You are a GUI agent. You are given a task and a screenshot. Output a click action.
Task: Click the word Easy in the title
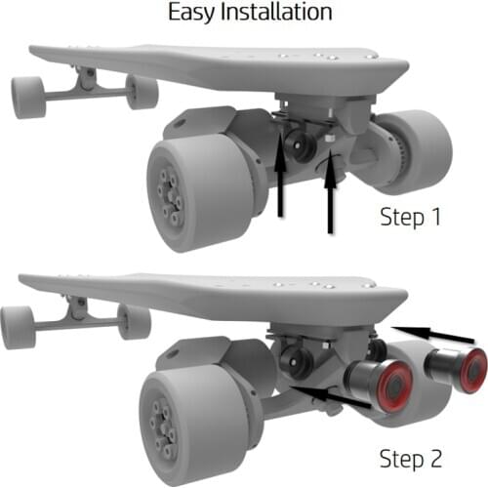(x=191, y=13)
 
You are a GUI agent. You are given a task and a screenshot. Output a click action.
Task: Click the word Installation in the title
(x=276, y=12)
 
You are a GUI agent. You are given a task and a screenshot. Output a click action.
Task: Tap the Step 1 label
(x=410, y=217)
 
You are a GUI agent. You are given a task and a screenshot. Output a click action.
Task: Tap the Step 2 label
(x=411, y=459)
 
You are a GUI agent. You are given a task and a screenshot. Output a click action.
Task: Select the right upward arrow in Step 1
(x=330, y=193)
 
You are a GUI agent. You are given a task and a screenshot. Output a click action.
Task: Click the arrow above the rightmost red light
(x=433, y=334)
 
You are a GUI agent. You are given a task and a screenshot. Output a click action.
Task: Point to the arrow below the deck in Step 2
(x=331, y=396)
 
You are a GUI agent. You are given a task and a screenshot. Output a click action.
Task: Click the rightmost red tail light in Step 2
(x=474, y=370)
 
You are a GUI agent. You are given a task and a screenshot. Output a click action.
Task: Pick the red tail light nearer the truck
(x=396, y=386)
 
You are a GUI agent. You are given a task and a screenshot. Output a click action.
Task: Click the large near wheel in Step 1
(x=200, y=194)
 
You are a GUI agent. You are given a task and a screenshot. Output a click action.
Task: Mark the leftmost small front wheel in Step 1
(x=28, y=97)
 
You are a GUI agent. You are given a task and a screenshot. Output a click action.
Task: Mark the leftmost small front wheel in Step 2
(x=18, y=327)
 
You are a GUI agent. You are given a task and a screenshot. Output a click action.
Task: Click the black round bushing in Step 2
(x=296, y=362)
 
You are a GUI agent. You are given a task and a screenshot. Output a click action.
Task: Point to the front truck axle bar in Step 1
(x=86, y=95)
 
